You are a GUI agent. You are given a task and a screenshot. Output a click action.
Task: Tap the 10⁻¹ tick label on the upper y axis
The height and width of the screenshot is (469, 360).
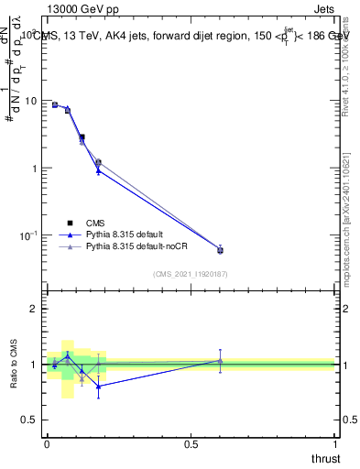tap(28, 235)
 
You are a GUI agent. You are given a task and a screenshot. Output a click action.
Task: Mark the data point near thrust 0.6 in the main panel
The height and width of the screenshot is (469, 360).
tap(220, 250)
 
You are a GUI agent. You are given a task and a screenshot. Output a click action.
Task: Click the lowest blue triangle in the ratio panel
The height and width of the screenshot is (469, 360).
tap(98, 386)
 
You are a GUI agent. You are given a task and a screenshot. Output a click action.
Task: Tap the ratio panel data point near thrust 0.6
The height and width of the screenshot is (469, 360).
tap(220, 360)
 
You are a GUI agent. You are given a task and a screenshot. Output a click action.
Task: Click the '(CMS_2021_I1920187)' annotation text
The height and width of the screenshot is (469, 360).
tap(190, 273)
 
